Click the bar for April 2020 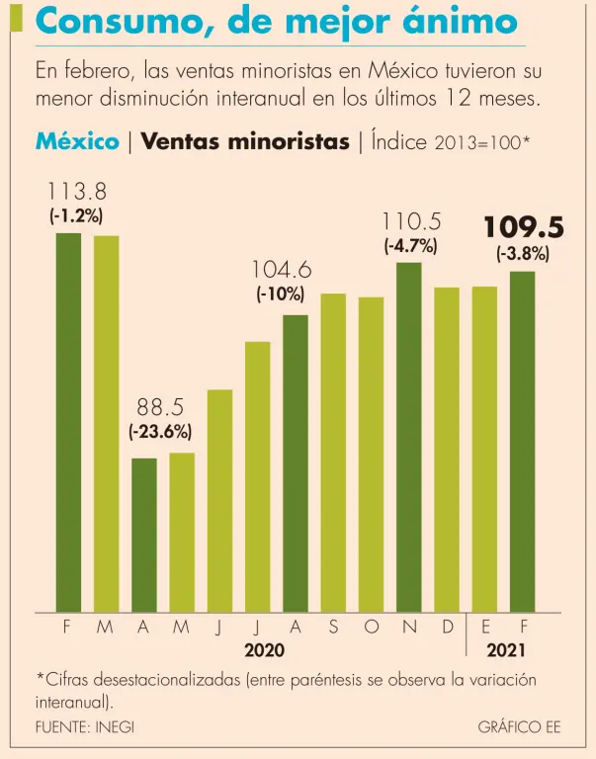(144, 535)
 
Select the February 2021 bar (523, 441)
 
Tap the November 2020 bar (409, 437)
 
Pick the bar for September (333, 453)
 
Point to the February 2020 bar (68, 422)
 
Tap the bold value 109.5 (523, 228)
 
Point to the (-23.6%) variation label (159, 431)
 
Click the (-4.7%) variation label (410, 246)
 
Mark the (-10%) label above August (281, 294)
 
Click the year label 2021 (506, 650)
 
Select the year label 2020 (264, 650)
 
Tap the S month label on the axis (333, 627)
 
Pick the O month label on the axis (371, 627)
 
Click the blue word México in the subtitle (77, 140)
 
